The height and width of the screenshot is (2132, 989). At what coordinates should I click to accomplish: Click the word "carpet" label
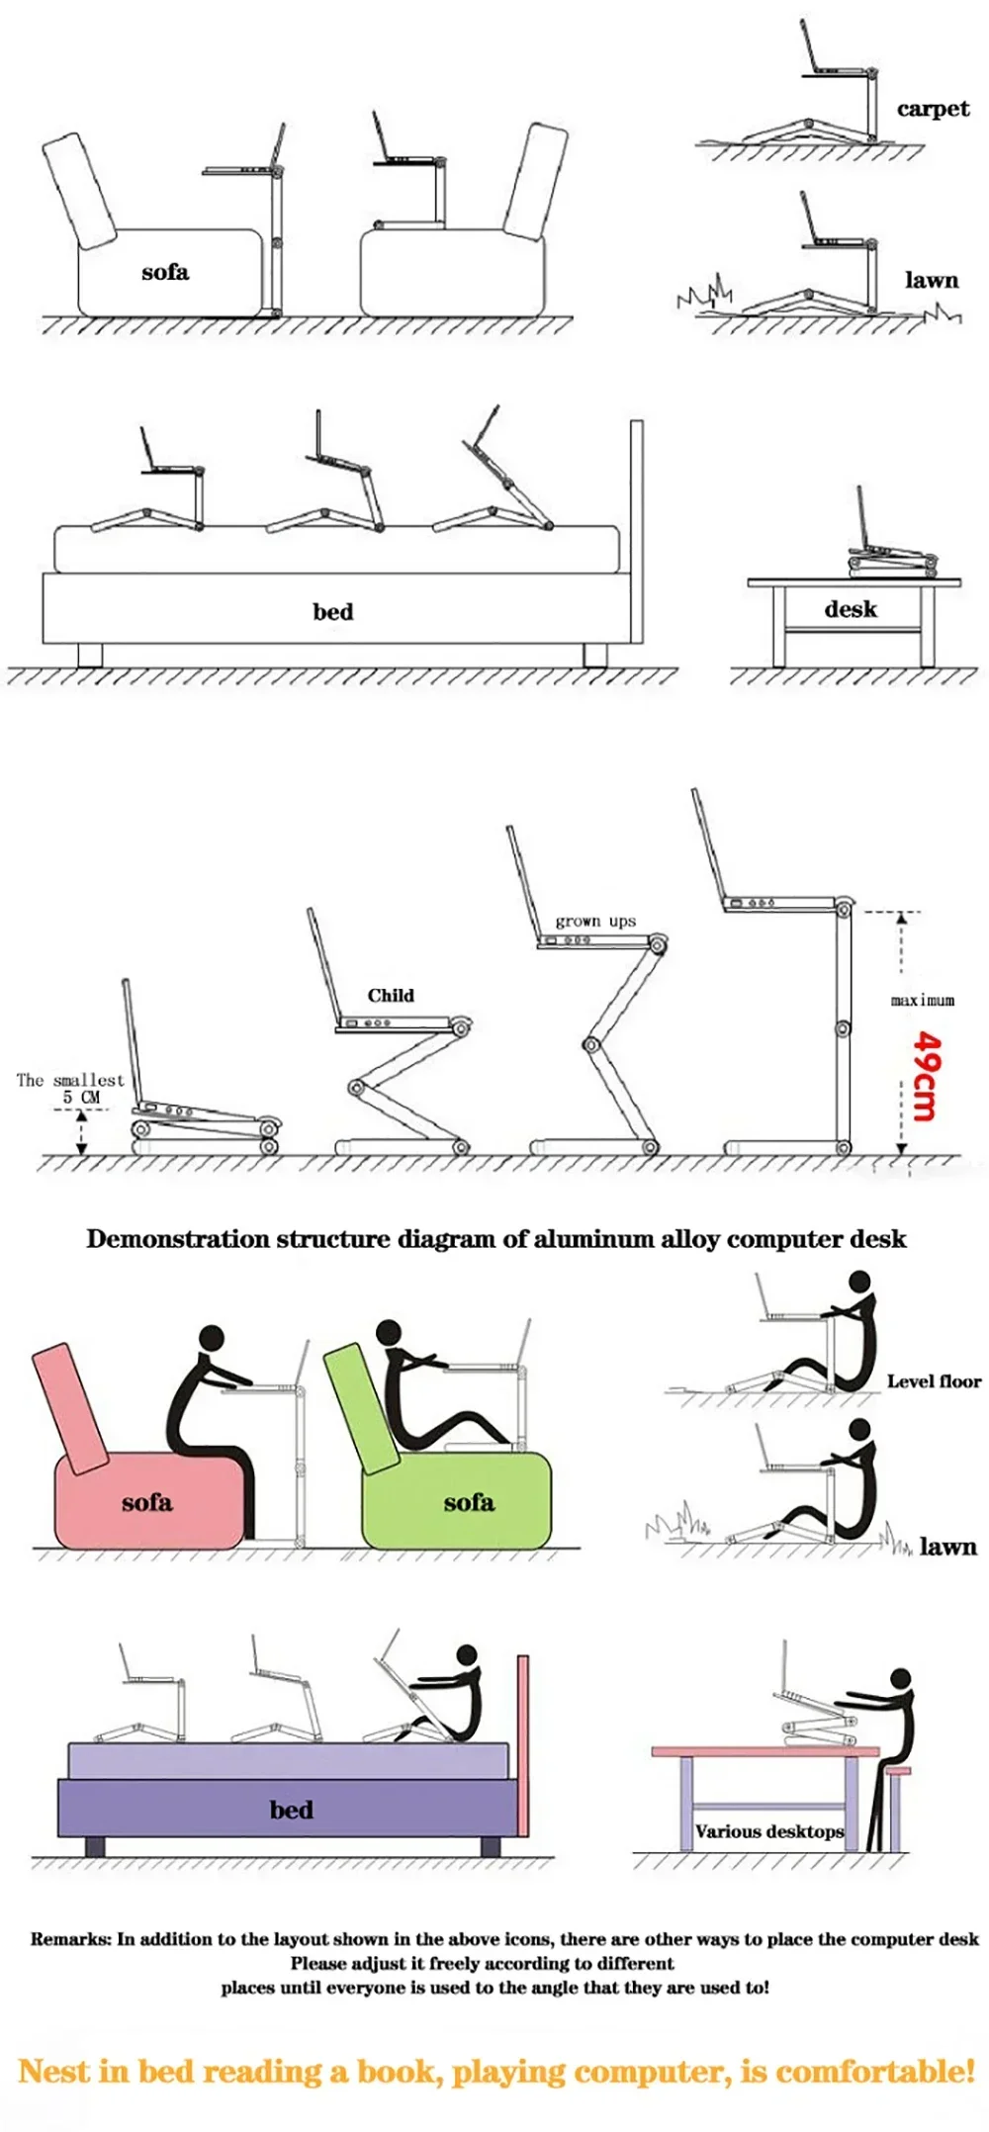click(x=933, y=109)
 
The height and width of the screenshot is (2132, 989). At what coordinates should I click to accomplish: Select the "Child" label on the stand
click(x=391, y=995)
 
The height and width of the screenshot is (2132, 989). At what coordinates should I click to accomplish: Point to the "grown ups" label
click(x=595, y=921)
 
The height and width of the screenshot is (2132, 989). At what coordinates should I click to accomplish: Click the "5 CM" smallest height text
click(x=81, y=1097)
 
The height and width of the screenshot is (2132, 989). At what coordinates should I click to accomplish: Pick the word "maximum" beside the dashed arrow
click(x=923, y=1000)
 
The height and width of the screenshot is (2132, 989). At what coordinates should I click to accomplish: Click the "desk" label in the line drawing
click(x=851, y=609)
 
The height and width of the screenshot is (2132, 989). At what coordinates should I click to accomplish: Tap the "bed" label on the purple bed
click(x=291, y=1810)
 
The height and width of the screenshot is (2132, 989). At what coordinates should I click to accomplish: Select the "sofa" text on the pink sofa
click(x=147, y=1503)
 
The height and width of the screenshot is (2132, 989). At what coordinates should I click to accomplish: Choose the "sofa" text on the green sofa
click(x=469, y=1502)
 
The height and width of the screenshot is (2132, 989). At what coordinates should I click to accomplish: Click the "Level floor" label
click(x=934, y=1381)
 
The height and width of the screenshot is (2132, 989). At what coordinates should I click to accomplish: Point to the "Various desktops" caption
click(x=769, y=1831)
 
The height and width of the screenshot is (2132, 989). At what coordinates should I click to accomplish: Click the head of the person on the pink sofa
click(x=212, y=1339)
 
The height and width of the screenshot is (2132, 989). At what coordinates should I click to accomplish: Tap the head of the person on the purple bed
click(x=467, y=1655)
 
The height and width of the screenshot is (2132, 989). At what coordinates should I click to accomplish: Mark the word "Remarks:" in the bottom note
click(x=70, y=1938)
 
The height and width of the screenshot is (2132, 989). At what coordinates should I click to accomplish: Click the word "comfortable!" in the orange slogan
click(x=875, y=2071)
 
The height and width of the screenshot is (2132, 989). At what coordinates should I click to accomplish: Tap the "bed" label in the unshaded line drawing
click(x=332, y=611)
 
